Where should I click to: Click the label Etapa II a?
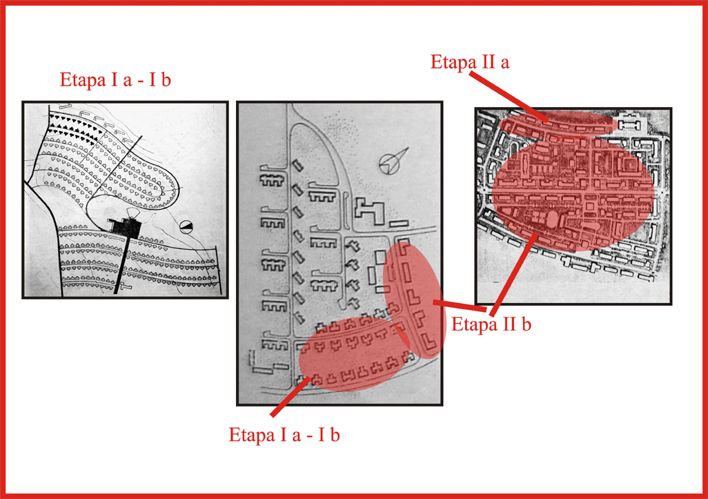(470, 62)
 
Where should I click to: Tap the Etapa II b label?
(491, 324)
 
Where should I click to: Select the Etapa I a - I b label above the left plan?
(115, 80)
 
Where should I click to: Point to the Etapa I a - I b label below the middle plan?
(284, 435)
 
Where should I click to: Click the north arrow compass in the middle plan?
(393, 160)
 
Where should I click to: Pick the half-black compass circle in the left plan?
(186, 226)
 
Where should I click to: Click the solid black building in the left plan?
(125, 225)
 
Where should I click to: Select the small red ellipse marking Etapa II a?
(558, 122)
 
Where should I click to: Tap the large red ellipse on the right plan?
(573, 194)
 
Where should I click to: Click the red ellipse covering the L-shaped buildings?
(413, 300)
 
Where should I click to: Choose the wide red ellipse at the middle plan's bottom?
(355, 353)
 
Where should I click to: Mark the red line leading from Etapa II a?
(509, 97)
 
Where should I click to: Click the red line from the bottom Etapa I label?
(291, 395)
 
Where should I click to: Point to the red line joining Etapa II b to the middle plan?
(460, 306)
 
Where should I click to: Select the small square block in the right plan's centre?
(590, 206)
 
